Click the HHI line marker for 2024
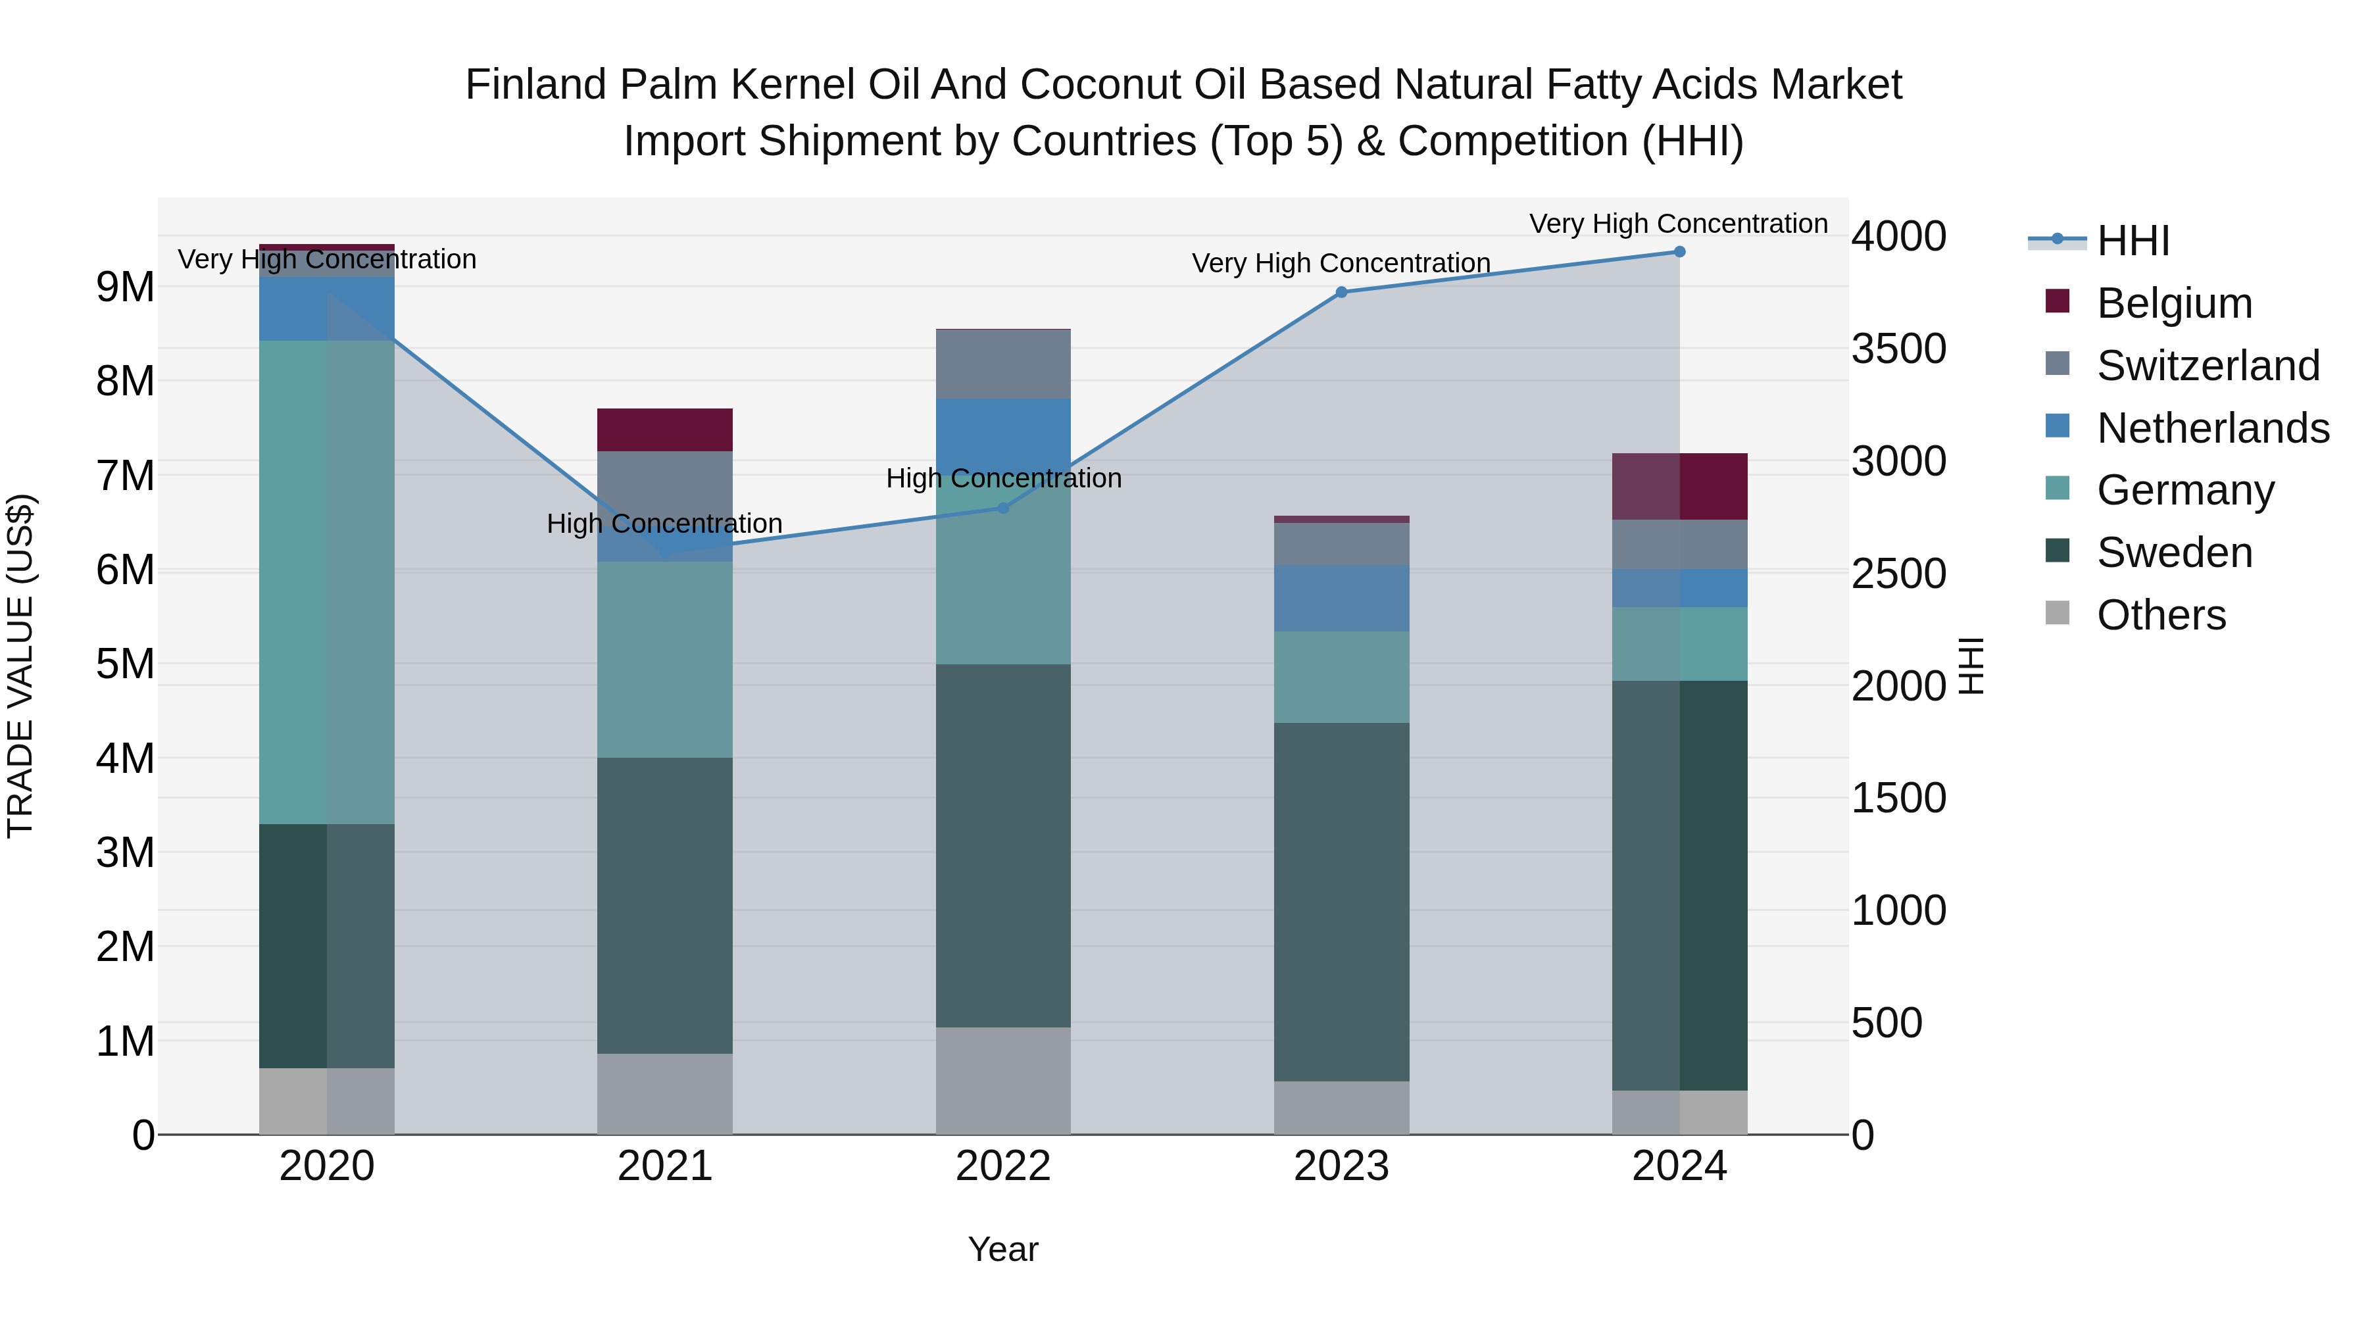(x=1679, y=252)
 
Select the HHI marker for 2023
(x=1341, y=292)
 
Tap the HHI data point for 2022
(x=1003, y=508)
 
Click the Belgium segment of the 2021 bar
(x=664, y=430)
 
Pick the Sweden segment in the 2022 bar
(x=1003, y=846)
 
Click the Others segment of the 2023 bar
(x=1341, y=1108)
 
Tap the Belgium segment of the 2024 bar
(x=1679, y=486)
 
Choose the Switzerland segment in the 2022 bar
(x=1003, y=364)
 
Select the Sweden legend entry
(x=2174, y=553)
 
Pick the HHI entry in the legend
(x=2133, y=241)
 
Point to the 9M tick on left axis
(x=125, y=287)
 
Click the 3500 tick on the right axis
(x=1898, y=349)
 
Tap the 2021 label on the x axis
(x=664, y=1166)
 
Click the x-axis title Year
(x=1003, y=1249)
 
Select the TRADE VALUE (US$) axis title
(x=20, y=666)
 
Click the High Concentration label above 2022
(x=1003, y=478)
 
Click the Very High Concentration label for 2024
(x=1677, y=224)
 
